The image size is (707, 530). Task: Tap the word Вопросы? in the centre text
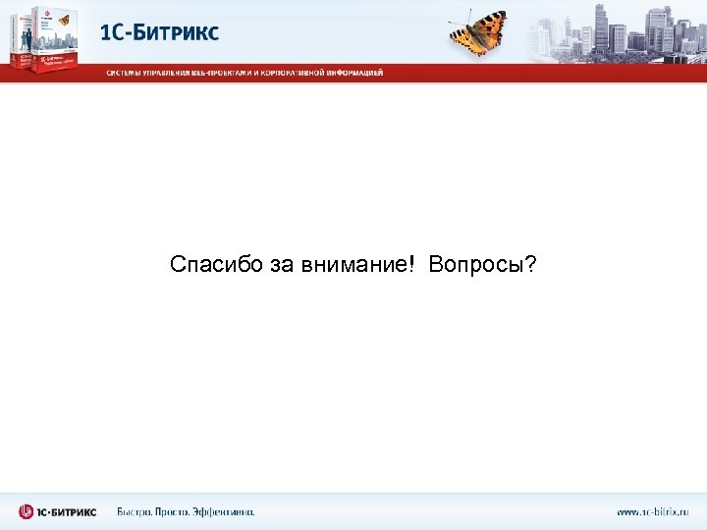pyautogui.click(x=482, y=265)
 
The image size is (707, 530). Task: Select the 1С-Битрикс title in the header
pyautogui.click(x=160, y=31)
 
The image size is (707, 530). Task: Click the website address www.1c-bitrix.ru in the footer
pyautogui.click(x=652, y=511)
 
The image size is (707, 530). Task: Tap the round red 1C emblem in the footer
pyautogui.click(x=27, y=511)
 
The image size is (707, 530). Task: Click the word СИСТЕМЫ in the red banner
pyautogui.click(x=128, y=73)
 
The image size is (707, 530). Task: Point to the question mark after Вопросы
pyautogui.click(x=531, y=265)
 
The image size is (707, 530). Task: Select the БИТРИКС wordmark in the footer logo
pyautogui.click(x=69, y=511)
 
